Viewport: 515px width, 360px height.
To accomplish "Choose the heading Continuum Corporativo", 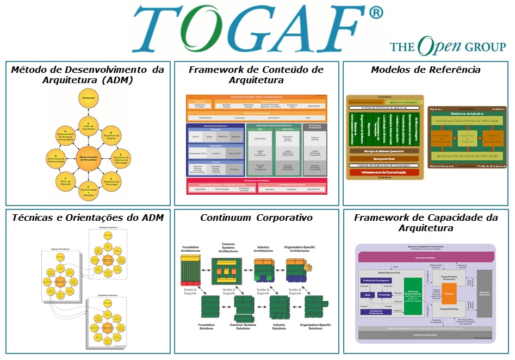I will tap(256, 218).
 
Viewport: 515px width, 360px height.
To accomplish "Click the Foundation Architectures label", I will tap(190, 250).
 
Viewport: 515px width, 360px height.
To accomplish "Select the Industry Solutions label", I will tap(279, 326).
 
